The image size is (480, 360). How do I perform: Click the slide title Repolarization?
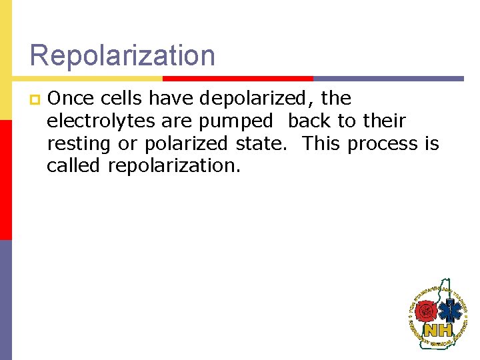coord(123,55)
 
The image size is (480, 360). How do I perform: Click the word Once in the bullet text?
coord(71,99)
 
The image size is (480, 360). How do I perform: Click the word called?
coord(74,165)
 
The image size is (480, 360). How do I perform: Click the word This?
coord(323,143)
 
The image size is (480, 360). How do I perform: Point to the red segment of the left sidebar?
coord(5,180)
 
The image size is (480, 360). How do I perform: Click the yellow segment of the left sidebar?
coord(5,60)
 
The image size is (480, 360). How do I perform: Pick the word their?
coord(384,121)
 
